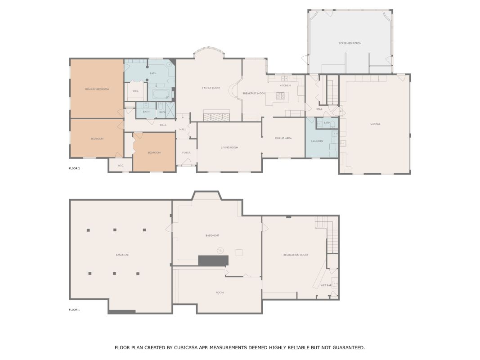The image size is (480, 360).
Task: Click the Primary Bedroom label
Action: (97, 90)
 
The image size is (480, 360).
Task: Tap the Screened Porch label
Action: (350, 44)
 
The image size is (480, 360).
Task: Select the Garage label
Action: (375, 124)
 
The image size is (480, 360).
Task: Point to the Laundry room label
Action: (317, 141)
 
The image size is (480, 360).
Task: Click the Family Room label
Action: (211, 88)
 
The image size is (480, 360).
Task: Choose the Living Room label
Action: (229, 148)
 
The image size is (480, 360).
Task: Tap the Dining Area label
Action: (283, 138)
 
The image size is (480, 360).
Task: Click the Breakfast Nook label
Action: (254, 93)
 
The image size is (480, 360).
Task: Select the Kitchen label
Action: (285, 85)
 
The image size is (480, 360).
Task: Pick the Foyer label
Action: (186, 153)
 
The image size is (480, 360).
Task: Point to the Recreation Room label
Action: (296, 255)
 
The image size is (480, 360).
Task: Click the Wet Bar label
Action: (326, 286)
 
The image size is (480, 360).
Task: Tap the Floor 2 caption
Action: (74, 168)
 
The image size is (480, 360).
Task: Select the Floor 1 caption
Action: (74, 310)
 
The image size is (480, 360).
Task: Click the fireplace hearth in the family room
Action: (217, 117)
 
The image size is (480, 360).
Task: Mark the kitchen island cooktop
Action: (281, 96)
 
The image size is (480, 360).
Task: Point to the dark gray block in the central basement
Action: (213, 261)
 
